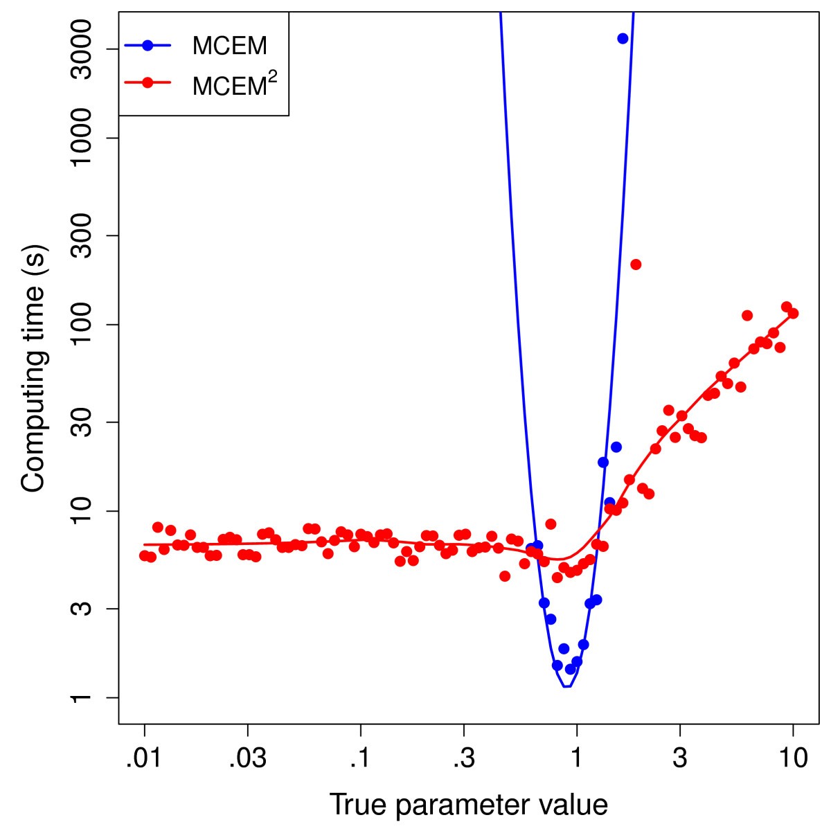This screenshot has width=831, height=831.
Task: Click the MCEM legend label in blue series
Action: (229, 46)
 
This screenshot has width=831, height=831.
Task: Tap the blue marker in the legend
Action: (147, 46)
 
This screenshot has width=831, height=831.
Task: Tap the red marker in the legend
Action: (147, 82)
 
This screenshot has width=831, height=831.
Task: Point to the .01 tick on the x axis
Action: (144, 758)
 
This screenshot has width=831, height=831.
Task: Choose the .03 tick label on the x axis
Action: (247, 758)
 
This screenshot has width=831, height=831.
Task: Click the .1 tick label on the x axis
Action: (360, 758)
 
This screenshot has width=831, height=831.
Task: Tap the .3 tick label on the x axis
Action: (463, 758)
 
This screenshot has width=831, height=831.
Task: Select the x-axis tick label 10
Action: (793, 758)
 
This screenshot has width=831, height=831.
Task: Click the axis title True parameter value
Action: (468, 805)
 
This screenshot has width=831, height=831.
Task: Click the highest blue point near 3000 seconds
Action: (623, 38)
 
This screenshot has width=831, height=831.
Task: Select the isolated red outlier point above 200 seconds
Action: (636, 264)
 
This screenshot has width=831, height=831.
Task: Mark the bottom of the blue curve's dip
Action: (566, 686)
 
